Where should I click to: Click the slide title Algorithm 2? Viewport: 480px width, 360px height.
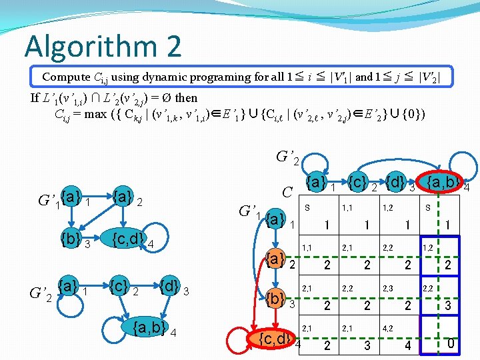103,47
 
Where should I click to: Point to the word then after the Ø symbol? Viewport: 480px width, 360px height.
186,98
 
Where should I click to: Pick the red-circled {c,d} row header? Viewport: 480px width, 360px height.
275,339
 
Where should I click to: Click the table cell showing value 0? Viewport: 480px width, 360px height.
451,345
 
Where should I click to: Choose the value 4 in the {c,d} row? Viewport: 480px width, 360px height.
408,345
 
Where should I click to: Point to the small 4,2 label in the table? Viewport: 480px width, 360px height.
387,328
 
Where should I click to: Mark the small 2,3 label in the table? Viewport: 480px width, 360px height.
387,288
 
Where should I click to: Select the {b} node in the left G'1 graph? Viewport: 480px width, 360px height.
69,239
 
